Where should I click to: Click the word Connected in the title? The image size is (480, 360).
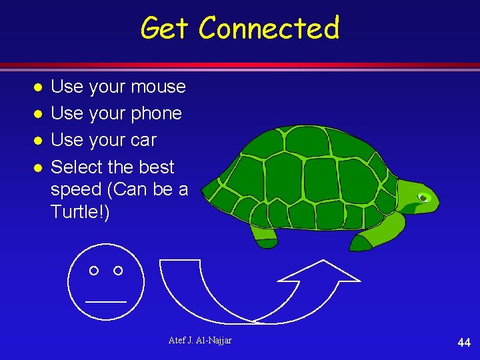[x=269, y=29]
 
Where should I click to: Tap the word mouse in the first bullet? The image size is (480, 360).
[x=158, y=87]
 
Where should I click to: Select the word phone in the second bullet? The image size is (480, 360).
[x=155, y=114]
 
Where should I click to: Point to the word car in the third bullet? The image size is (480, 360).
[x=143, y=141]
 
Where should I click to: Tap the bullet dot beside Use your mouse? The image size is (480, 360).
[x=39, y=87]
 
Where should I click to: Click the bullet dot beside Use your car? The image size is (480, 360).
[x=39, y=141]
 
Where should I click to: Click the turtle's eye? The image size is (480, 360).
[x=423, y=197]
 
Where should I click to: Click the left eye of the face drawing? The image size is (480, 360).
[x=94, y=270]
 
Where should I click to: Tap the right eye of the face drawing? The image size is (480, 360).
[x=118, y=270]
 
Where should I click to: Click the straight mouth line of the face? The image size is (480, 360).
[x=105, y=301]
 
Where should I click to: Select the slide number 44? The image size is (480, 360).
[x=464, y=343]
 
